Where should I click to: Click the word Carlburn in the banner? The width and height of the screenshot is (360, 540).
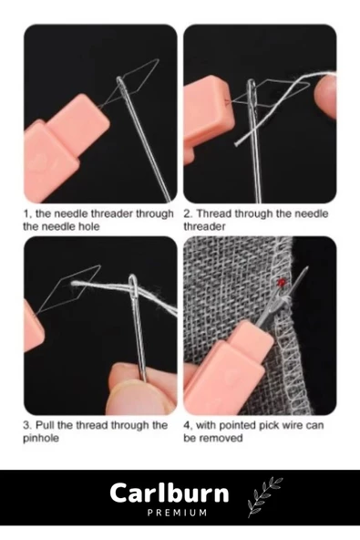169,493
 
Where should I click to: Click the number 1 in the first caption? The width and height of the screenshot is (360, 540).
26,214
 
